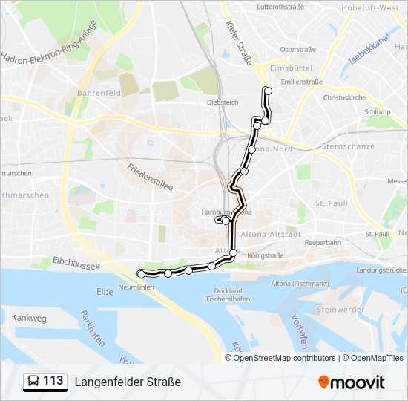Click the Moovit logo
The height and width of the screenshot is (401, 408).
[x=352, y=382]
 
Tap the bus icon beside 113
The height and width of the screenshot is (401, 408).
[x=33, y=382]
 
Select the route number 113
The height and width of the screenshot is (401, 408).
[x=53, y=381]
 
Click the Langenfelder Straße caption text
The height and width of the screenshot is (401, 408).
[x=128, y=382]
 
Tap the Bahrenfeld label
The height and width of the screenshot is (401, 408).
[x=93, y=94]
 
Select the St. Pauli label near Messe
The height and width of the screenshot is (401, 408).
[x=331, y=203]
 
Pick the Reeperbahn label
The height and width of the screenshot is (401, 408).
[x=323, y=242]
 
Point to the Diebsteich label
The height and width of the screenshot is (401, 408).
[x=223, y=102]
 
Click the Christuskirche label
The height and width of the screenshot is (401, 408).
[x=345, y=97]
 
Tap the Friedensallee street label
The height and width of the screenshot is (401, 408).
[x=150, y=177]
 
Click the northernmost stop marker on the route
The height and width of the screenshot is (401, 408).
[x=268, y=91]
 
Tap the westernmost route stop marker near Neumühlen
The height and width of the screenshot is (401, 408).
[x=141, y=274]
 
